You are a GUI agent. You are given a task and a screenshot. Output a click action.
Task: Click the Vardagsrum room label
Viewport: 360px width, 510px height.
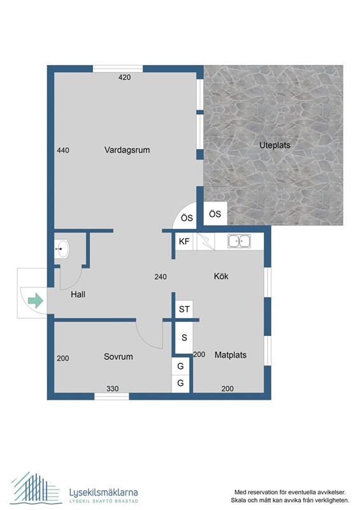point(127,150)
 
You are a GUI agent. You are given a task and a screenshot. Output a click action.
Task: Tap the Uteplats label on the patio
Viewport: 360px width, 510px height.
point(275,145)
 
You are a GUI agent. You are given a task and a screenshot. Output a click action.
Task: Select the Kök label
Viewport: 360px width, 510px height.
point(221,276)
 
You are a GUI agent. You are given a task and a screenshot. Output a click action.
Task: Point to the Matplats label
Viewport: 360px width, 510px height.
point(231,355)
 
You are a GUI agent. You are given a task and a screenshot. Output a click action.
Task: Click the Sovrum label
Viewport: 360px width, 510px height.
point(119,356)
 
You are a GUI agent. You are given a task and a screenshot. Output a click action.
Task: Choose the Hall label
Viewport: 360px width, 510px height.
point(78,295)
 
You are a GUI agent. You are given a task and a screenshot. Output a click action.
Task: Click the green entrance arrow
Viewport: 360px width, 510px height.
point(36,300)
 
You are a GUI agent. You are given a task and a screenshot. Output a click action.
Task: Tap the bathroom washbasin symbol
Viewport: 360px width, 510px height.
point(61,249)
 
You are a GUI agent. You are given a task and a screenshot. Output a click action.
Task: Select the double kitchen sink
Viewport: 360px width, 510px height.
point(239,242)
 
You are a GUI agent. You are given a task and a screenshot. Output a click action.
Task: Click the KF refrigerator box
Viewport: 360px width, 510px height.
point(184,242)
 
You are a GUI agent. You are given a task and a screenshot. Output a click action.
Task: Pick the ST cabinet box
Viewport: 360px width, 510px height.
point(184,309)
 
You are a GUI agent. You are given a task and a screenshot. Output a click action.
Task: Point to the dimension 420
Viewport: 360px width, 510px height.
point(124,77)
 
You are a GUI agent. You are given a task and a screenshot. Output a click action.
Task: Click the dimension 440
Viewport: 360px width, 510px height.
point(63,150)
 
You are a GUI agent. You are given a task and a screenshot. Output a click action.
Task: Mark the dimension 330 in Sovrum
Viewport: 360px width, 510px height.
point(113,389)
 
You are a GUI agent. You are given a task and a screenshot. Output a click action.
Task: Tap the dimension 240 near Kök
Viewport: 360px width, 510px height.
point(161,277)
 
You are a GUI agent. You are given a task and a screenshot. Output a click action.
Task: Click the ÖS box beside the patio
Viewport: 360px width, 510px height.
point(215,214)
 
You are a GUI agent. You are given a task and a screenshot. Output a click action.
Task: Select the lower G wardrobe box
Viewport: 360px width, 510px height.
point(180,384)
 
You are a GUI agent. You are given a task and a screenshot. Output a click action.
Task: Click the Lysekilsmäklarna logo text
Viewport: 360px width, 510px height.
point(104,492)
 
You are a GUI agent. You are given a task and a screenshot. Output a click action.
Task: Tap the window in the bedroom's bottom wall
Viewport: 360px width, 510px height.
point(112,396)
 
